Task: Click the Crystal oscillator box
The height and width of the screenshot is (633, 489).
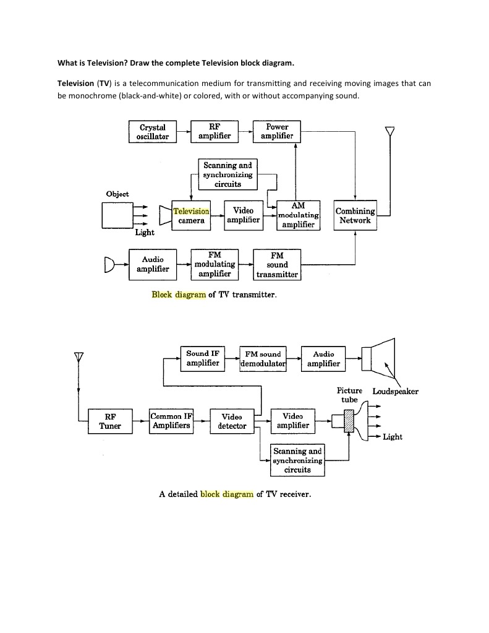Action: click(x=153, y=131)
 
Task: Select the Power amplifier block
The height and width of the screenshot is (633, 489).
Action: click(x=277, y=131)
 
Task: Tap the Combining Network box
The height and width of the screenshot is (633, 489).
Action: click(x=354, y=215)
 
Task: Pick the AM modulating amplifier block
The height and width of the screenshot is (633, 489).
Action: click(x=298, y=215)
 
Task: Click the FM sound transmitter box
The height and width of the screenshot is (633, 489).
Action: click(x=277, y=265)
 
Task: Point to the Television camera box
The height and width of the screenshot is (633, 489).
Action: click(x=191, y=215)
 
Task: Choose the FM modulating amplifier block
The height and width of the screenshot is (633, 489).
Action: click(x=215, y=264)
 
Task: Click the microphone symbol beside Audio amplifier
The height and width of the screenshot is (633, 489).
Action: click(x=110, y=265)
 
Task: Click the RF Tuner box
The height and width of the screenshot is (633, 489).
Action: click(x=109, y=421)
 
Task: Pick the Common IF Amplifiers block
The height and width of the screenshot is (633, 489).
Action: click(x=171, y=421)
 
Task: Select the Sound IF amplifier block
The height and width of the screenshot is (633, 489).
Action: click(x=203, y=358)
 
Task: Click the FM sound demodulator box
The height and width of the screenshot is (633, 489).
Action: click(x=263, y=358)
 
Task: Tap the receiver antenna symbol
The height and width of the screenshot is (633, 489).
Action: click(x=79, y=357)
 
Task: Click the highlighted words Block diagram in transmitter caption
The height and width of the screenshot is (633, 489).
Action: click(x=179, y=295)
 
